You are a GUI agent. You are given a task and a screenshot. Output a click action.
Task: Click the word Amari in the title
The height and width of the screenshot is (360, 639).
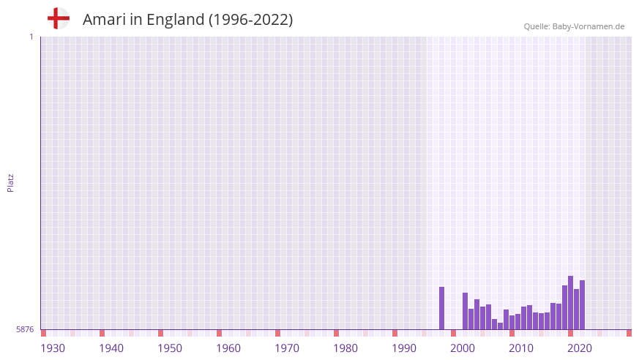click(x=102, y=20)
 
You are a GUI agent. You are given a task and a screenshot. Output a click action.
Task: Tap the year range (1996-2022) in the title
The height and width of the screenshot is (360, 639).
click(x=250, y=20)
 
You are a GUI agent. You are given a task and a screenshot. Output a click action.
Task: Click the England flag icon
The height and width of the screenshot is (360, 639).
click(x=59, y=18)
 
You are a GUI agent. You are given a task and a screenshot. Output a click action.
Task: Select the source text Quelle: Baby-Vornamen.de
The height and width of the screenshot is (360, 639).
click(x=574, y=26)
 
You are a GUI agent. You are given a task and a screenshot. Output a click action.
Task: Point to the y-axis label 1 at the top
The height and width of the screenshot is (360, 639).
click(x=31, y=37)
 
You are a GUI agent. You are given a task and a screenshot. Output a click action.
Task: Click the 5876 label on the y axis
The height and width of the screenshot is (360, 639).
click(x=25, y=330)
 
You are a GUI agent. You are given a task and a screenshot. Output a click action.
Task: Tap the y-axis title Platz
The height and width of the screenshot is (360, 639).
click(x=10, y=182)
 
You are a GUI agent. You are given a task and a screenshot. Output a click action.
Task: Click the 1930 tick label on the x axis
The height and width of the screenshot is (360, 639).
click(x=53, y=348)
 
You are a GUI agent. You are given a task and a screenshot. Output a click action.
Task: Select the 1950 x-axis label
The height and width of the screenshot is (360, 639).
click(x=170, y=348)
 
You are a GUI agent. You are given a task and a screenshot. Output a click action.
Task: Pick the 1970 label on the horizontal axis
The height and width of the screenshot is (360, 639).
click(x=287, y=348)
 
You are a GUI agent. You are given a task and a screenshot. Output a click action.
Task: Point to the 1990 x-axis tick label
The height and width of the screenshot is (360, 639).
click(x=404, y=348)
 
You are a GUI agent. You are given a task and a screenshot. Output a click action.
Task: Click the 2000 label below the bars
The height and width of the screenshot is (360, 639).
click(x=463, y=348)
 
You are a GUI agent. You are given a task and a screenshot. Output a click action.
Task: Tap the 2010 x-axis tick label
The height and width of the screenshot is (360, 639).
click(x=521, y=348)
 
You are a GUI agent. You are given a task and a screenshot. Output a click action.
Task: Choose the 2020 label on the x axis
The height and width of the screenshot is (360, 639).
click(x=580, y=348)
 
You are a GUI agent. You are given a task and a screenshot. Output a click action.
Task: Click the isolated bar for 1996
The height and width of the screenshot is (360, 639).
click(x=442, y=308)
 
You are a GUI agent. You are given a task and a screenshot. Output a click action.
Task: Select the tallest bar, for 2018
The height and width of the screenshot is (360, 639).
click(x=571, y=303)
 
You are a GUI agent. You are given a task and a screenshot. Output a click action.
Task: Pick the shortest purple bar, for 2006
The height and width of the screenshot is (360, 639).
click(x=501, y=326)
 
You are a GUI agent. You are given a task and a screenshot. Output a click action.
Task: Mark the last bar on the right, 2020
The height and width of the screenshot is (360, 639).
click(x=583, y=305)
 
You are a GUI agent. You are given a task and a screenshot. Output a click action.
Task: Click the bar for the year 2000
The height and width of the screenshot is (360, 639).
click(x=466, y=311)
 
